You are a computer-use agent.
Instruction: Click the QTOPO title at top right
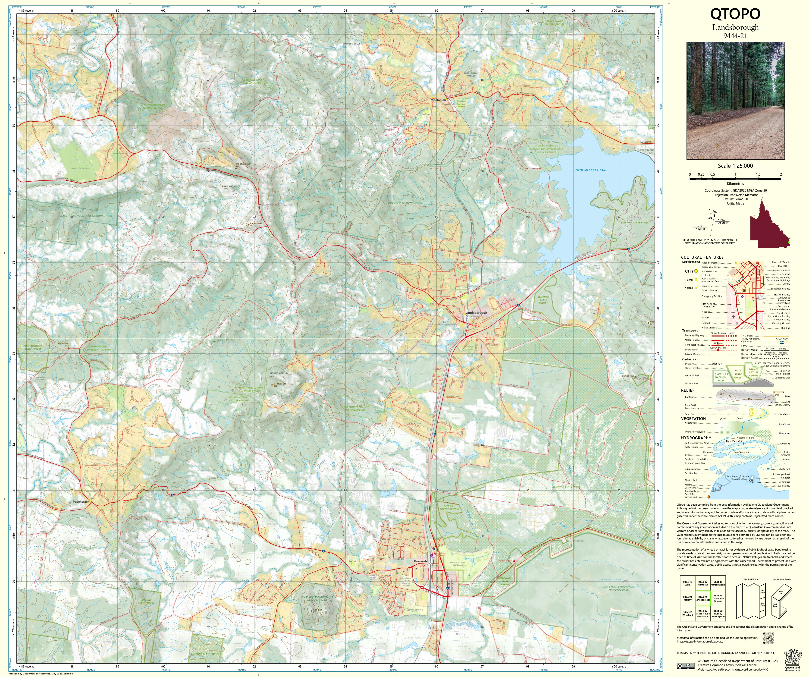click(x=735, y=14)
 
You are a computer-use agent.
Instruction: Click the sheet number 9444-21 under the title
click(x=735, y=36)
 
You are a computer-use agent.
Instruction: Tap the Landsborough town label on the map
click(x=476, y=312)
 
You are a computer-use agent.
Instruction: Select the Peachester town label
click(x=81, y=502)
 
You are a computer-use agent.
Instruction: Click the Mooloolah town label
click(x=438, y=100)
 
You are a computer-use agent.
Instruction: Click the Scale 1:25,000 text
click(x=735, y=166)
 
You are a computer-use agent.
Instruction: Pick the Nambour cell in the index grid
click(x=703, y=583)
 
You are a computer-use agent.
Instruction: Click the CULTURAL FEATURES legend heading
click(x=702, y=257)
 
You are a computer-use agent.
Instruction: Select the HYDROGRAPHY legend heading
click(x=696, y=438)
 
